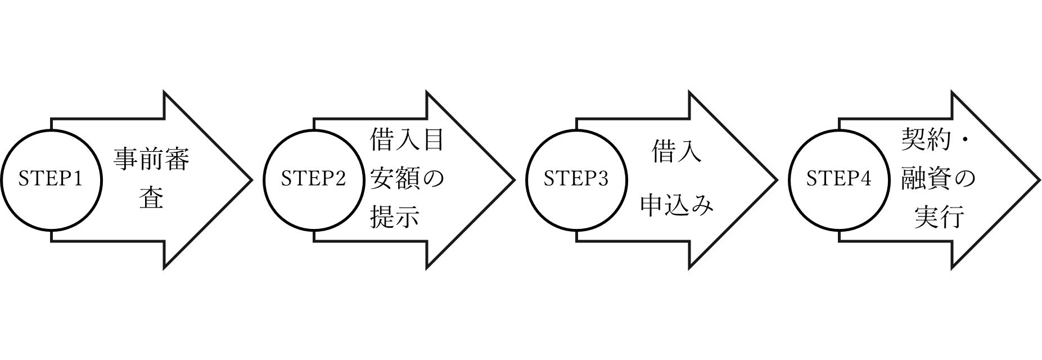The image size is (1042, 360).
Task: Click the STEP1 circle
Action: [x=51, y=179]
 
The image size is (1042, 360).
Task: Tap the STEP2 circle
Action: [x=314, y=179]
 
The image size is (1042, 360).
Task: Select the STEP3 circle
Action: [x=576, y=179]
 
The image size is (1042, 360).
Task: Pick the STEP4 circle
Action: [x=839, y=179]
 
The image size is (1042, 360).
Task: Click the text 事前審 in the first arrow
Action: [x=152, y=160]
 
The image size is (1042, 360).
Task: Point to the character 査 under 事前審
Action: [x=152, y=198]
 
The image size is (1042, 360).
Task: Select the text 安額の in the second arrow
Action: [x=407, y=179]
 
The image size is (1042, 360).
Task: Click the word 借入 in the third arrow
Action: [x=676, y=152]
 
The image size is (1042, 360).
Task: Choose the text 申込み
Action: [x=676, y=205]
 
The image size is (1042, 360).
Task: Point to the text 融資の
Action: [x=937, y=179]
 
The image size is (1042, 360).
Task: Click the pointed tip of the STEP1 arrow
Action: [x=248, y=180]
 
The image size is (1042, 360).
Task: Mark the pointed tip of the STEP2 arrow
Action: [x=511, y=180]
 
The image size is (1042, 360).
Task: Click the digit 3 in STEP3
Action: [x=603, y=179]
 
